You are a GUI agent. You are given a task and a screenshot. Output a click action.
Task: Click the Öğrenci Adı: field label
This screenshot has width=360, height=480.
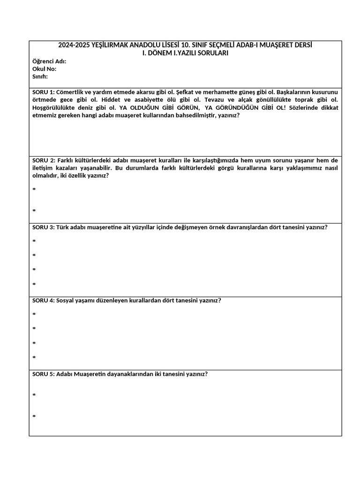[49, 61]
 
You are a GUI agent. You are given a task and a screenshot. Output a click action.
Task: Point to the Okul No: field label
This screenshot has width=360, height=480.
[45, 69]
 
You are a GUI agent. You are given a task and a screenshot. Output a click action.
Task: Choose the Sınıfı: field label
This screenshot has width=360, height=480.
[40, 76]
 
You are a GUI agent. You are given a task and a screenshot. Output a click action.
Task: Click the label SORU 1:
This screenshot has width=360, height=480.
[44, 92]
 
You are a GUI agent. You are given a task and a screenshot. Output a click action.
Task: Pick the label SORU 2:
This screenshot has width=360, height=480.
[44, 160]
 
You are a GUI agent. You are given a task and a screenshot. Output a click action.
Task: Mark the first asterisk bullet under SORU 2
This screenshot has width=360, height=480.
[34, 190]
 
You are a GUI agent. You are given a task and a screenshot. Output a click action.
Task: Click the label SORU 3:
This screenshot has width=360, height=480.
[44, 227]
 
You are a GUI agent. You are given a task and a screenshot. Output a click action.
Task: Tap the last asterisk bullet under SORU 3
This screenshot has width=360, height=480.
[34, 285]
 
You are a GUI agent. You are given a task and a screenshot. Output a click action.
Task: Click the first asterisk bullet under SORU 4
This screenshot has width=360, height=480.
[34, 315]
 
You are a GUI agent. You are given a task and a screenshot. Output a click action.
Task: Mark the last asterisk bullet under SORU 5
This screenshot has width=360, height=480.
[34, 417]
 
